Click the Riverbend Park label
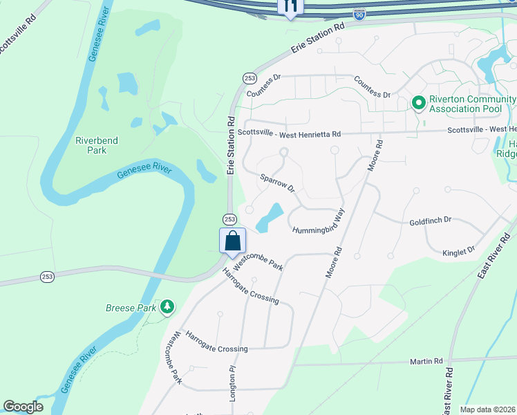pos(97,145)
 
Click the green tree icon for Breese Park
pos(166,306)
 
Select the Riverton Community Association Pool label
pos(473,103)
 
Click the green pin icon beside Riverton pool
pos(418,103)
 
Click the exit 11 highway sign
pos(290,7)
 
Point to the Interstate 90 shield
pos(358,14)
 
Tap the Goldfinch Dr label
pos(430,220)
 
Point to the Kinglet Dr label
pos(461,250)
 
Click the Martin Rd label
pos(426,361)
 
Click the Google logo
pos(23,407)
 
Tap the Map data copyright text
pos(488,409)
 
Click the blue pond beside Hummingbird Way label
pos(270,218)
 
